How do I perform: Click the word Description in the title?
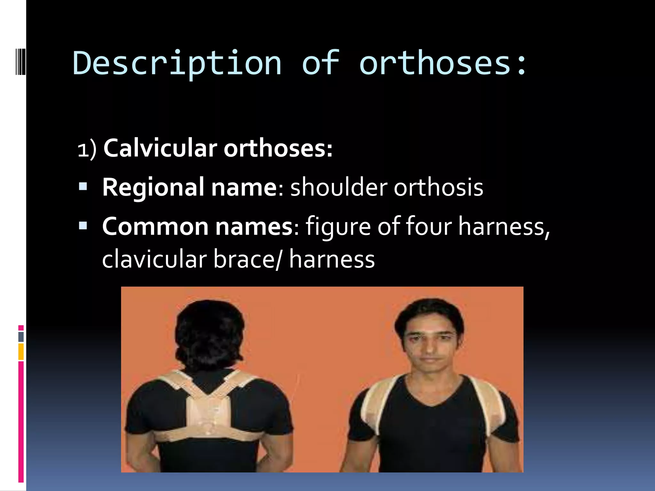click(x=177, y=64)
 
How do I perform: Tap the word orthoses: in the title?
click(x=443, y=64)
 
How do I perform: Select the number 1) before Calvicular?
click(x=87, y=150)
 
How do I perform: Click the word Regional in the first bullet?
click(x=153, y=188)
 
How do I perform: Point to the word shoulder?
click(x=339, y=188)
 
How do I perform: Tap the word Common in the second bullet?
click(x=155, y=227)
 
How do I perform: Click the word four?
click(x=429, y=227)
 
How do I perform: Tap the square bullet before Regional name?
click(x=83, y=186)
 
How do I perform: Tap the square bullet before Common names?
click(x=83, y=226)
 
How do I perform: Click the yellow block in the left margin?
click(x=21, y=352)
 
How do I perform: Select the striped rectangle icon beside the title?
click(x=20, y=61)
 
